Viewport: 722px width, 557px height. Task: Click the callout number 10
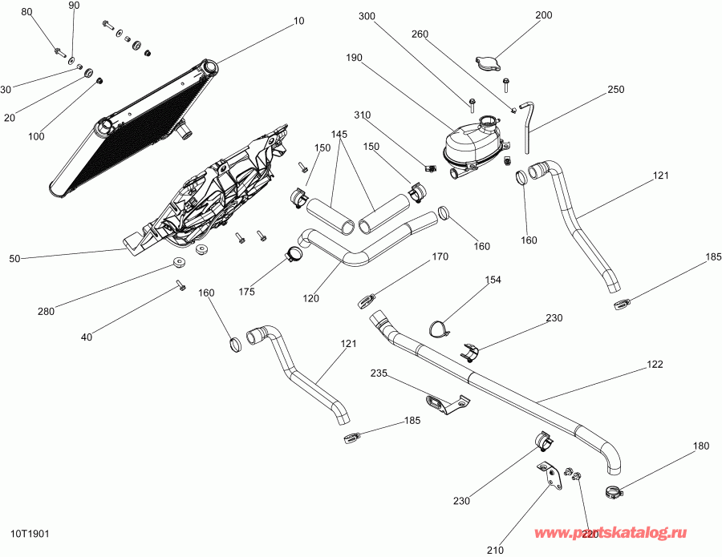click(299, 22)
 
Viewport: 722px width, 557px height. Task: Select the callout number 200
click(544, 15)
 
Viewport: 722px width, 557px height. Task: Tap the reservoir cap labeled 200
click(487, 63)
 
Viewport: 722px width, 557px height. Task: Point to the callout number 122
click(655, 365)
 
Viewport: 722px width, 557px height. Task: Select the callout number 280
click(45, 312)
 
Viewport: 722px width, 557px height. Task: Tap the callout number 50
click(14, 259)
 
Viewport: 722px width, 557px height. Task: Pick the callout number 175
click(246, 292)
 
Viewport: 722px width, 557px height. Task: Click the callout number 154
click(493, 281)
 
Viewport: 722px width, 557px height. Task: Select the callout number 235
click(379, 373)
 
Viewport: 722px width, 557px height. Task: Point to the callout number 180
click(701, 446)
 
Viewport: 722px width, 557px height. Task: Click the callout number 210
click(494, 550)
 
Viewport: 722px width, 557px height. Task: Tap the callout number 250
click(615, 90)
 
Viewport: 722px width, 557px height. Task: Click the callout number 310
click(363, 115)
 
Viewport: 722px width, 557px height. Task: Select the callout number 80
click(27, 13)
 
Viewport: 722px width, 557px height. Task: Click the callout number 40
click(87, 337)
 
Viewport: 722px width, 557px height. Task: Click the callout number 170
click(440, 257)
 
